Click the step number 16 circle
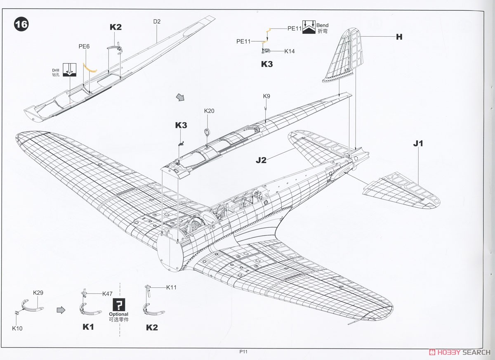21,24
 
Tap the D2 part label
157,21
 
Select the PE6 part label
84,46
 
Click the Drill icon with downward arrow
70,70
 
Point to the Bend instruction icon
309,27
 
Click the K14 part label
289,51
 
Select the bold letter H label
399,37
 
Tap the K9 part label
266,96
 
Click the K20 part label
209,111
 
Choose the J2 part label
261,160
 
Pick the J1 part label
418,143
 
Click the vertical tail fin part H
345,55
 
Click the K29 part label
38,293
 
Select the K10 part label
17,328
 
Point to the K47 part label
107,294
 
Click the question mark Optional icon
119,304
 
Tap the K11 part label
171,287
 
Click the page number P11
243,352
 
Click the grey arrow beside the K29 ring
61,310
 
